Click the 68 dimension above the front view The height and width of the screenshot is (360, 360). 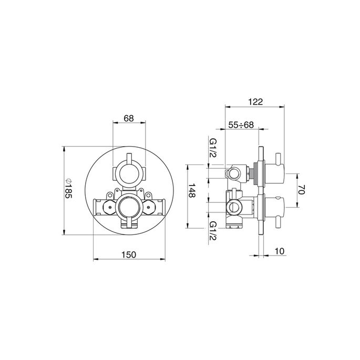(128, 118)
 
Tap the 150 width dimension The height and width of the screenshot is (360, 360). (129, 254)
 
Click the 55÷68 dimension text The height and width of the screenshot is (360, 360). (241, 125)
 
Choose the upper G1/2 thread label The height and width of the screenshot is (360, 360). (213, 149)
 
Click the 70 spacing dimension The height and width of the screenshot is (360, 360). (302, 190)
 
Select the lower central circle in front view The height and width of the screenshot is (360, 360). (128, 208)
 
